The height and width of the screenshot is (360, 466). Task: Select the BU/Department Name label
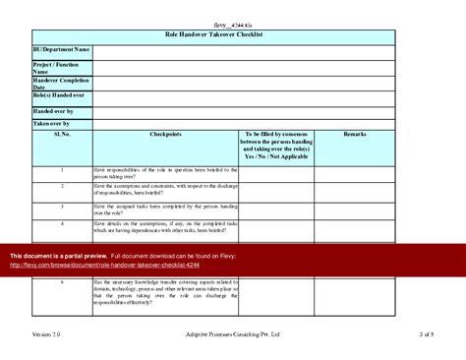click(x=61, y=48)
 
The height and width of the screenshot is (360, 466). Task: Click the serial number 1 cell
click(x=62, y=170)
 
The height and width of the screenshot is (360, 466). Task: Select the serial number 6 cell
click(x=62, y=281)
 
